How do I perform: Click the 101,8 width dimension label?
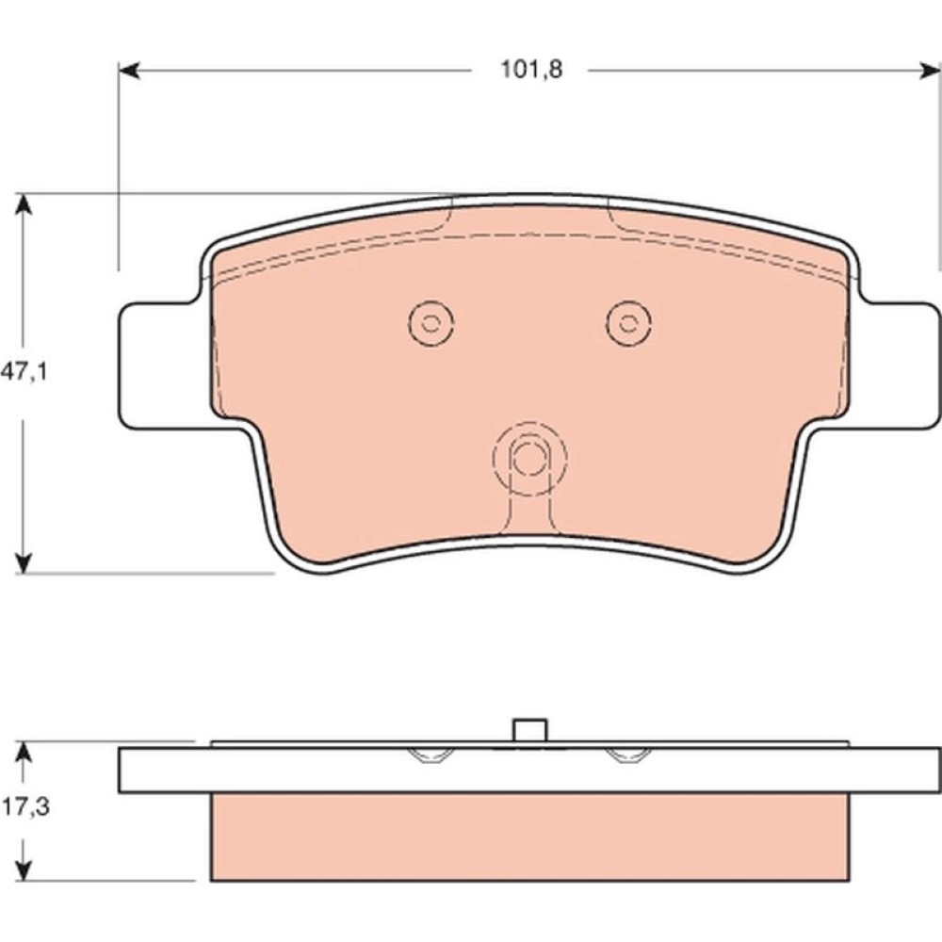tap(532, 71)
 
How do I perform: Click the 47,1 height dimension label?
tap(24, 372)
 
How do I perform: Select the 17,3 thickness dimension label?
tap(25, 807)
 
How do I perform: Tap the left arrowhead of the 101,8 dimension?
tap(129, 71)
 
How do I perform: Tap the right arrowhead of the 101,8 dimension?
tap(931, 71)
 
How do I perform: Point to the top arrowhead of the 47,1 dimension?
tap(23, 204)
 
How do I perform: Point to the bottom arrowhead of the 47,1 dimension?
tap(23, 562)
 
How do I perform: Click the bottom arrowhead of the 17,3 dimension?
tap(23, 870)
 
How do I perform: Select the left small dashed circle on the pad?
tap(430, 322)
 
